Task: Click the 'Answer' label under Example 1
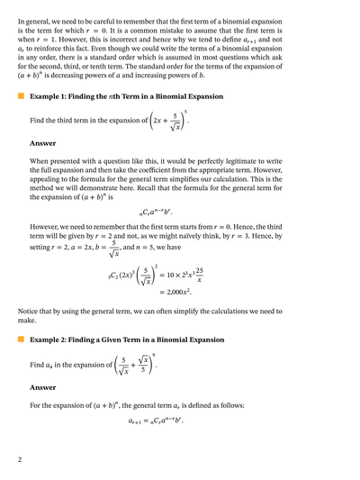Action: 42,143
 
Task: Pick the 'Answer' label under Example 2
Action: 42,387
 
